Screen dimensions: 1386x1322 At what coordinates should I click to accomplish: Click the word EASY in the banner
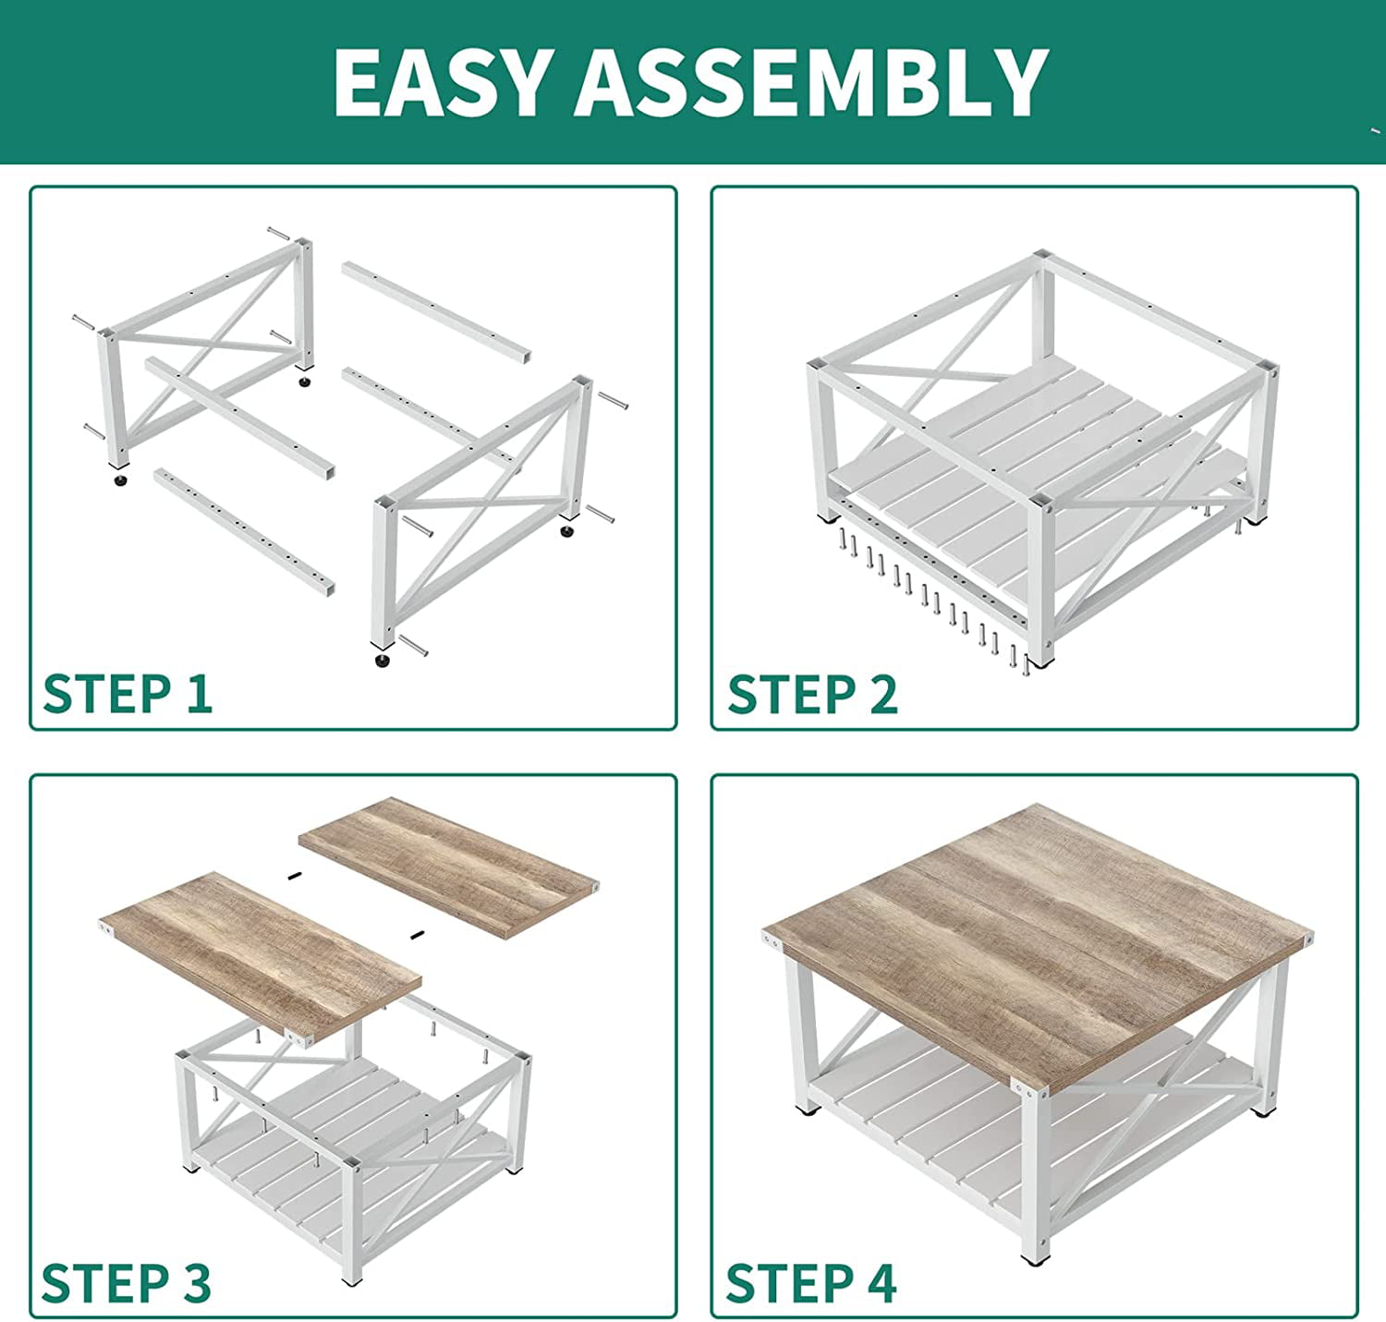click(440, 82)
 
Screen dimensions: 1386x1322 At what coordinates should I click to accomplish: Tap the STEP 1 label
click(128, 694)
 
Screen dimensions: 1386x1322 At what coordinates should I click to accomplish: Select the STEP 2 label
click(812, 694)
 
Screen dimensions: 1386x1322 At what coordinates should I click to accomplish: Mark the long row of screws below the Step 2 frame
click(938, 596)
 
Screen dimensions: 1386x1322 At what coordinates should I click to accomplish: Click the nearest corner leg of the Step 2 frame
click(1041, 578)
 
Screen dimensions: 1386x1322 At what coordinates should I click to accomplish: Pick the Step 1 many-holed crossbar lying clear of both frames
click(244, 532)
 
